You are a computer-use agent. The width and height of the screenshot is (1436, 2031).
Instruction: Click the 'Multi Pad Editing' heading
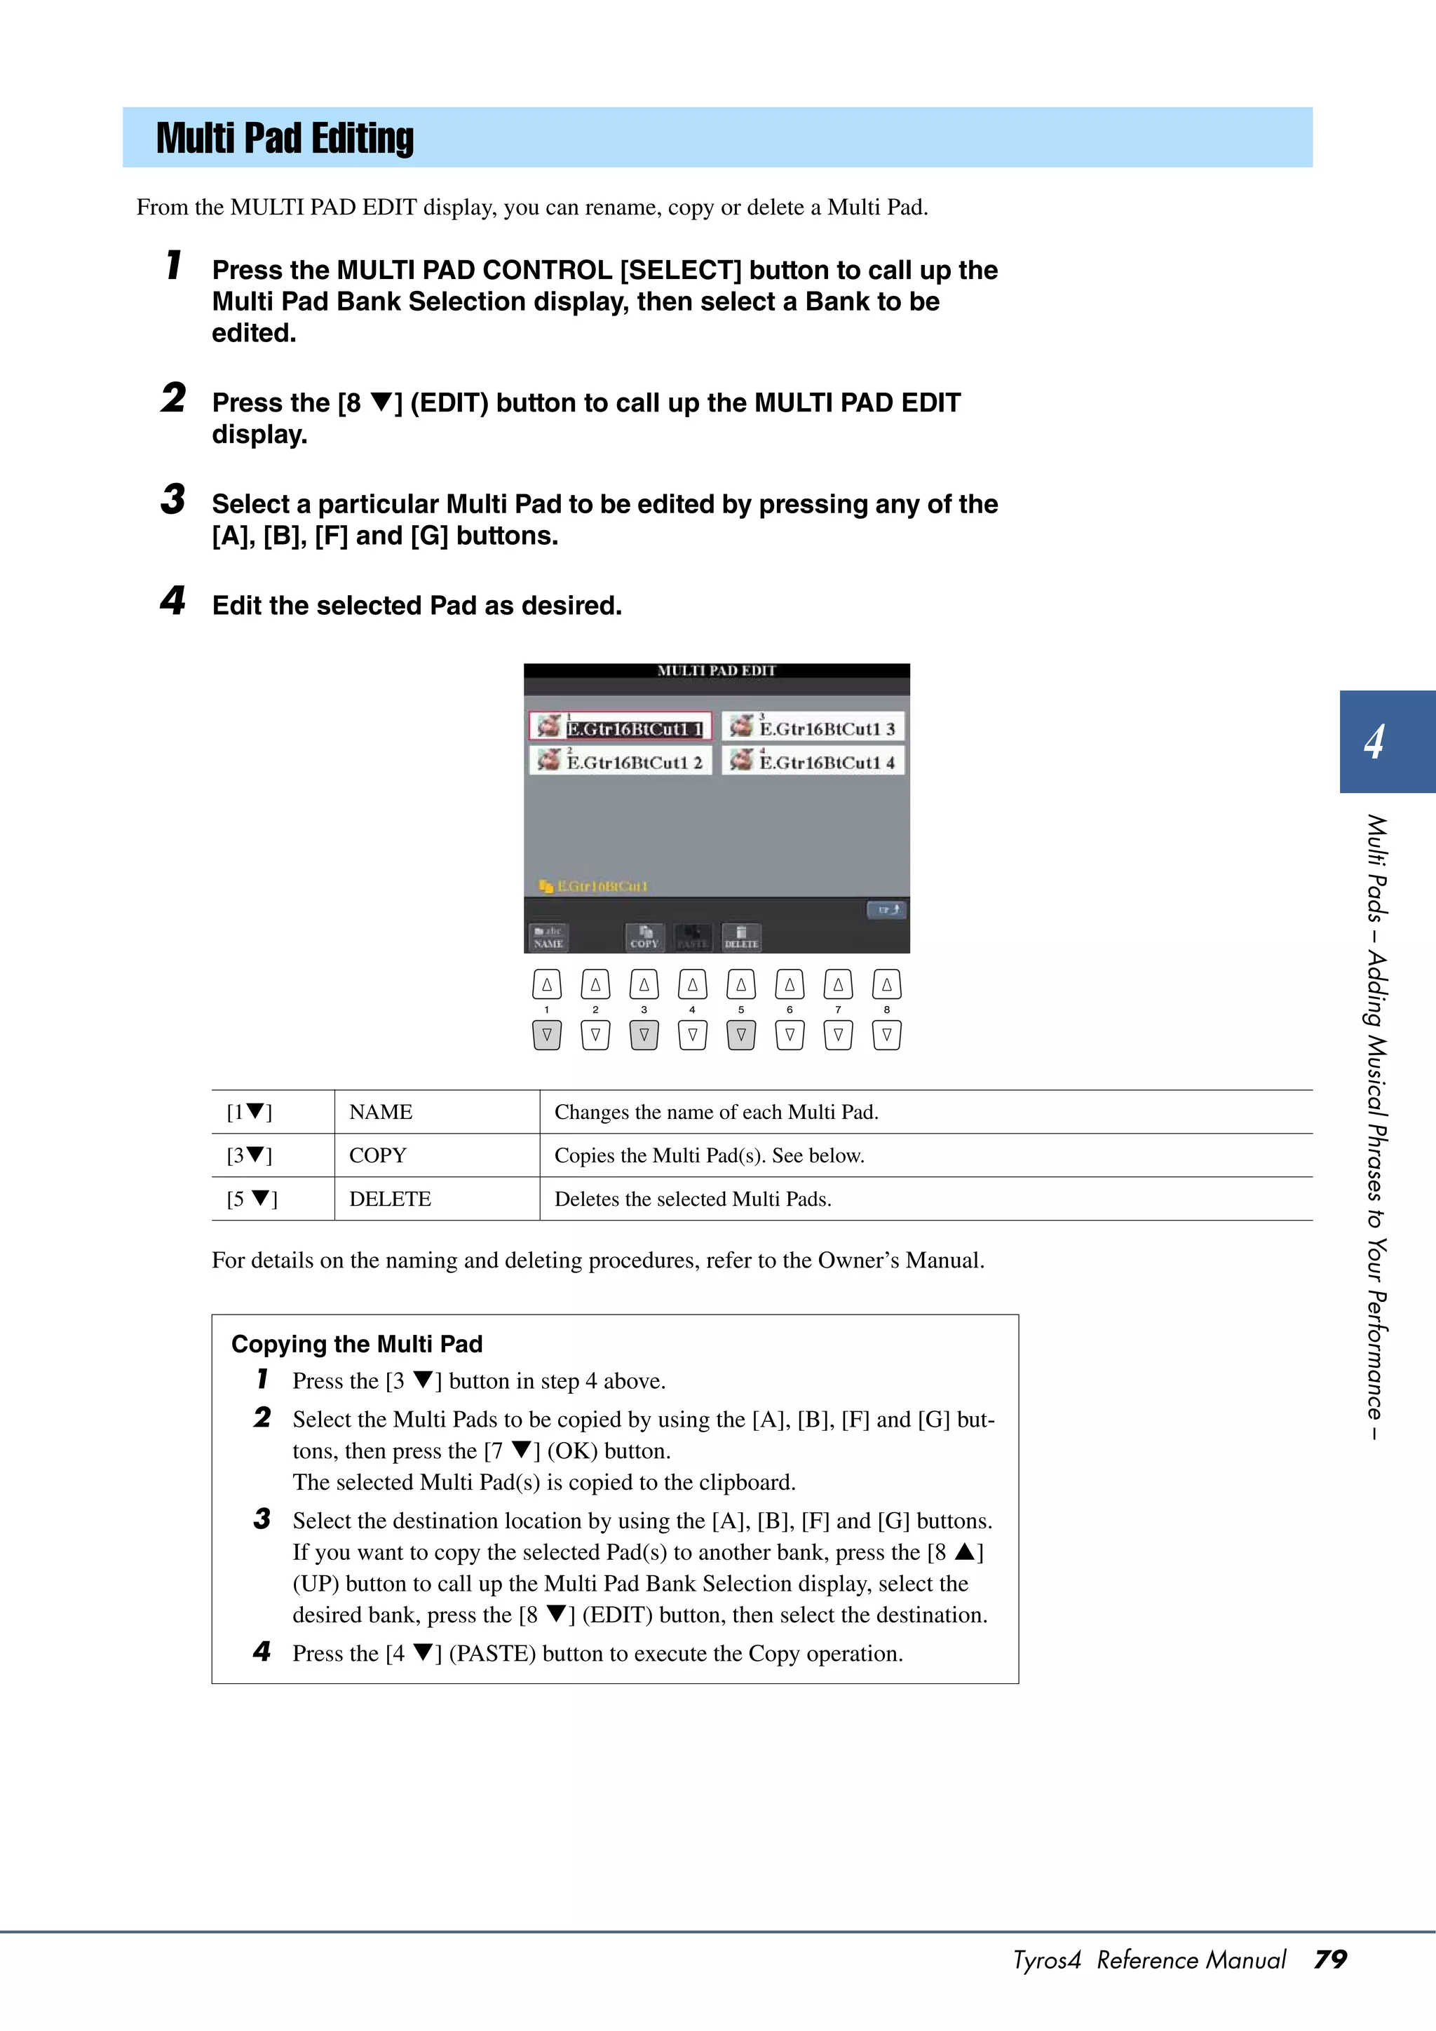pos(284,139)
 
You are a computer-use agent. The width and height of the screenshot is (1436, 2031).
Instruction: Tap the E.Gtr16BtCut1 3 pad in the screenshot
pos(813,727)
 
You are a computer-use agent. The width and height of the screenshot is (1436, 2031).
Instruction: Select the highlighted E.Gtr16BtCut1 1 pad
pos(621,727)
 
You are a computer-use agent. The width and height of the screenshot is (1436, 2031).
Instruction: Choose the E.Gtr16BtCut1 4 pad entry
pos(813,761)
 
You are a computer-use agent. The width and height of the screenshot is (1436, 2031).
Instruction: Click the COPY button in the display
pos(644,937)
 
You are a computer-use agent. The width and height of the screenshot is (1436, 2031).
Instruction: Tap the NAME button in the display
pos(548,937)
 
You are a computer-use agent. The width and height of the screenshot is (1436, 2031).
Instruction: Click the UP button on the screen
pos(886,909)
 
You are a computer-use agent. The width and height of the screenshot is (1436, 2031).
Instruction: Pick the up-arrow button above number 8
pos(886,984)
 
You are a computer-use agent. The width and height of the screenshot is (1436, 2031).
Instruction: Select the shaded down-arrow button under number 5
pos(740,1034)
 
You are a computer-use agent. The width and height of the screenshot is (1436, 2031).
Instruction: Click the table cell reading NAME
pos(381,1112)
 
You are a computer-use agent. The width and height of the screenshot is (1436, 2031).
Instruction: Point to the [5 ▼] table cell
pos(252,1200)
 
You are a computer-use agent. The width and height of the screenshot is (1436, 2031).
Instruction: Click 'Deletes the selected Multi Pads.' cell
pos(693,1200)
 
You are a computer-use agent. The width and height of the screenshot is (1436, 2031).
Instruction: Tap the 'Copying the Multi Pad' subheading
pos(357,1344)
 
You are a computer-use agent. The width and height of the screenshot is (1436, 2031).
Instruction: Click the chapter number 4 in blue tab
pos(1374,741)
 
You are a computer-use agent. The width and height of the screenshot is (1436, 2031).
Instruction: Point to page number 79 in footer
pos(1330,1959)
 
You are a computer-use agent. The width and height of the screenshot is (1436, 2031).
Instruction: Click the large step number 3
pos(173,500)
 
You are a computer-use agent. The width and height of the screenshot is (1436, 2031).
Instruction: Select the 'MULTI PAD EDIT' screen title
pos(716,670)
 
